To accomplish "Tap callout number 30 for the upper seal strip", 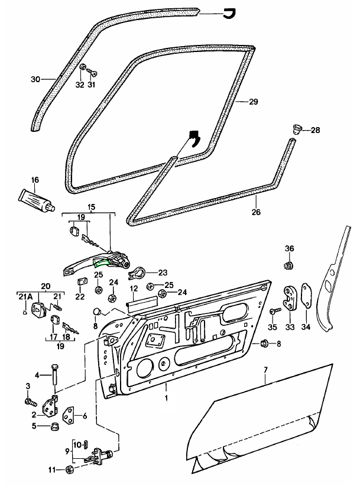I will (35, 79).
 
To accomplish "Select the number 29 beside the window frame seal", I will (253, 102).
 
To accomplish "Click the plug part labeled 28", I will (298, 129).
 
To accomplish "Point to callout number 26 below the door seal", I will (255, 212).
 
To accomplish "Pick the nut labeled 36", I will (289, 264).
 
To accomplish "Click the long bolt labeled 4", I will (54, 375).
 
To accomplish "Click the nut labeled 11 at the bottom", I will (69, 470).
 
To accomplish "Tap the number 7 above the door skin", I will (265, 370).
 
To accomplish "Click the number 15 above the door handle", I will (91, 208).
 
